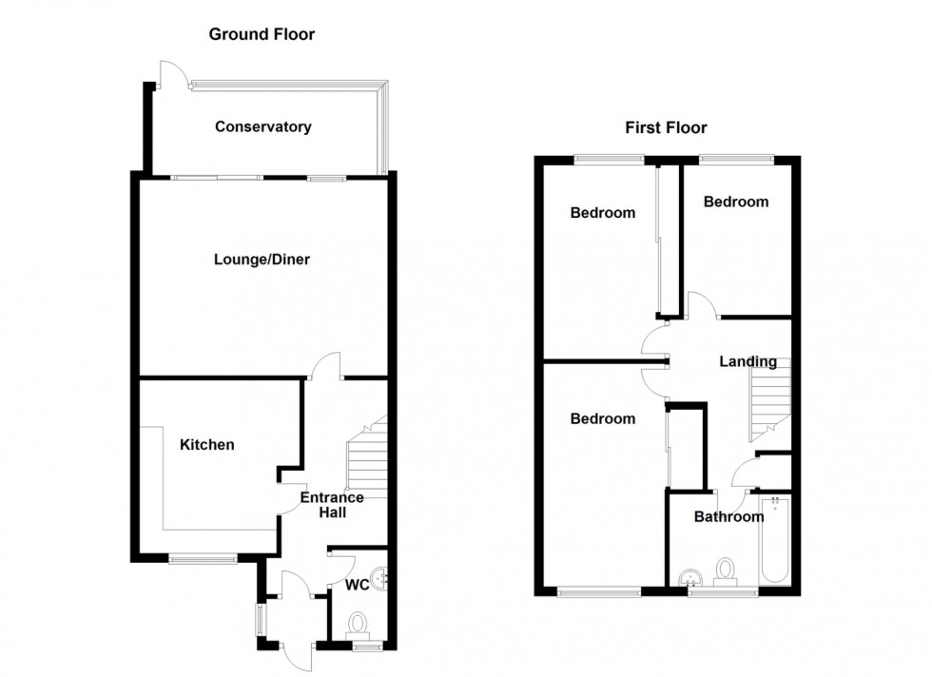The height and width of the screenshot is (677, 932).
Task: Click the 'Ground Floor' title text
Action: coord(262,35)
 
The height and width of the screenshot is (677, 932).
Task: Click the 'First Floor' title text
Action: coord(666,127)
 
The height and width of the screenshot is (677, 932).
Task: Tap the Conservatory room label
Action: coord(263,126)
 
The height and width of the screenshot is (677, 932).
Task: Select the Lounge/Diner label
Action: coord(262,259)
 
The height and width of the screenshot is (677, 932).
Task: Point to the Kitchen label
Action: coord(207,444)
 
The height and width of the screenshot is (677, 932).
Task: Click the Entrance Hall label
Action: coord(332,505)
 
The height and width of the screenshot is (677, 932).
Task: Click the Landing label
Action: coord(748,361)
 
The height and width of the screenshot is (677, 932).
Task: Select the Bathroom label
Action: coord(728,517)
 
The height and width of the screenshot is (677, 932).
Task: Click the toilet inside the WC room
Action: coord(359,624)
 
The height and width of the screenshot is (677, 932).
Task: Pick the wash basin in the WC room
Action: coord(381,577)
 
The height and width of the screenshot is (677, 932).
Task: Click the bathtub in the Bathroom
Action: coord(774,543)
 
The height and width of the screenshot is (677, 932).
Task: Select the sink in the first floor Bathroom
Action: coord(689,578)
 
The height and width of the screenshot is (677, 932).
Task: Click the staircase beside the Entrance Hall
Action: coord(367,461)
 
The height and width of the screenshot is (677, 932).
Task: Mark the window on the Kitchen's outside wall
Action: coord(204,559)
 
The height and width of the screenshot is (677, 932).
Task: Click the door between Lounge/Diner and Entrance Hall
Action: coord(326,366)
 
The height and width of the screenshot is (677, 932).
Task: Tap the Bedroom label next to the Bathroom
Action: coord(602,418)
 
